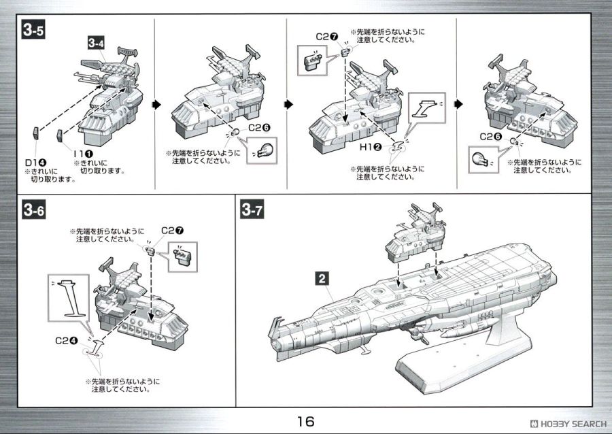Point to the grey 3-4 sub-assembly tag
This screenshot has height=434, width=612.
point(96,42)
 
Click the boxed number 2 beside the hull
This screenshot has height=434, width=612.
point(322,278)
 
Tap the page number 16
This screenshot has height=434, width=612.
point(305,422)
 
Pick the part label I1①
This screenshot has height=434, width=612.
point(84,155)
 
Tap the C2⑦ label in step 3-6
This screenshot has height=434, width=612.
point(170,231)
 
